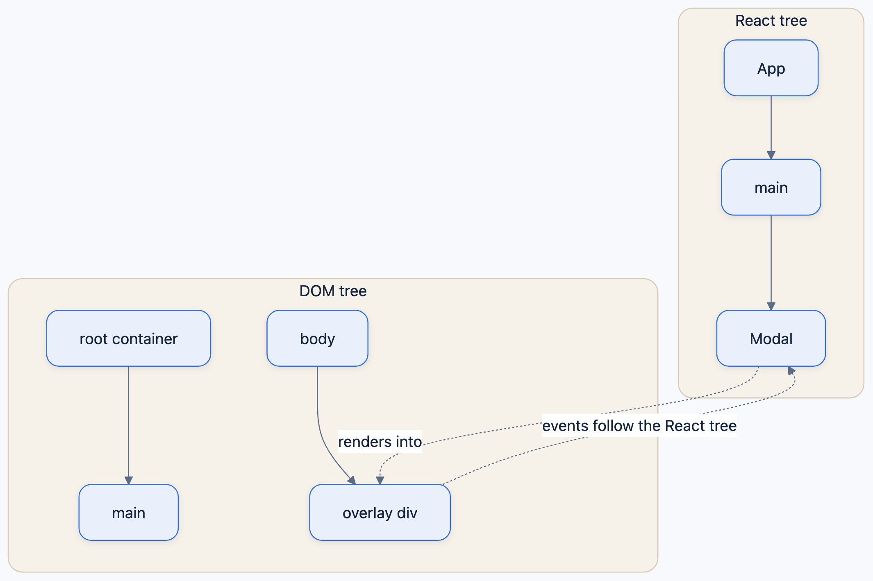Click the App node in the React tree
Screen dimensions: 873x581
(771, 68)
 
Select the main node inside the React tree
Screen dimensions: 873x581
(771, 187)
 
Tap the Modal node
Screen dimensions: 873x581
(771, 338)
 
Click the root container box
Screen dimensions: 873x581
(129, 338)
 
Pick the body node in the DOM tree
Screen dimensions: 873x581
(317, 338)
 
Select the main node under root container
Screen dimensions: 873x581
(129, 513)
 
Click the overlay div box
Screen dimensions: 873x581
(380, 513)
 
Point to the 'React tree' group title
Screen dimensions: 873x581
(771, 20)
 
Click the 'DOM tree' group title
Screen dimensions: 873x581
(333, 291)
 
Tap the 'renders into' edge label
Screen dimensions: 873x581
(380, 442)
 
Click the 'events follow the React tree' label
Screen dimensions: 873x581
(639, 426)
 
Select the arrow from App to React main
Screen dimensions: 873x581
(771, 127)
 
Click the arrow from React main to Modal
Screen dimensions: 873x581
(771, 263)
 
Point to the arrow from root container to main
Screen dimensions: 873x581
(129, 425)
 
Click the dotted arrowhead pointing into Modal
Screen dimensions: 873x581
(791, 370)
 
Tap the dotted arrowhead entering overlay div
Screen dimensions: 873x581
(380, 481)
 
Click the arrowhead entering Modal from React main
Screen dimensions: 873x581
(771, 306)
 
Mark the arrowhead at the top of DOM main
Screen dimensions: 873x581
(129, 481)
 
